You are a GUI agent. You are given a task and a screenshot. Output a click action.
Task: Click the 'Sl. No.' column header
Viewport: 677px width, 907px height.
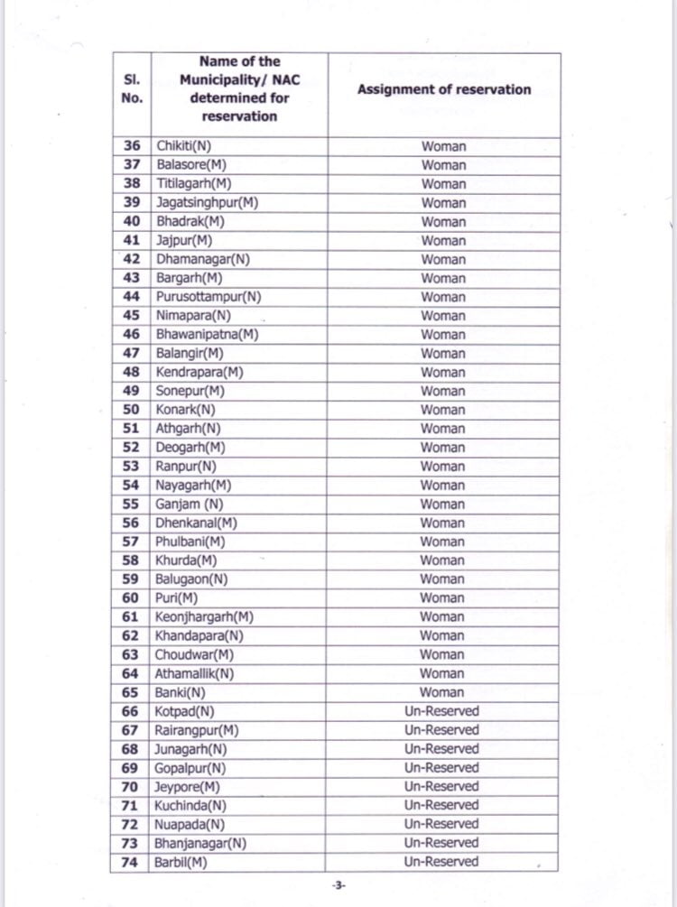point(131,89)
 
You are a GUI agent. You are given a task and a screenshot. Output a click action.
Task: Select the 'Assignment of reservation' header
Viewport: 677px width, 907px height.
point(443,89)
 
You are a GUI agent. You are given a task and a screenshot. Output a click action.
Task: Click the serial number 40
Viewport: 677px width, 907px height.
point(132,222)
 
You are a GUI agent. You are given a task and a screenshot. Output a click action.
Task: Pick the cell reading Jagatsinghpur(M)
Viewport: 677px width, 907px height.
point(207,203)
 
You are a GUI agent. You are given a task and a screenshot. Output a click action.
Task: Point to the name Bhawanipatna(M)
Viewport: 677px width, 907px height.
point(207,335)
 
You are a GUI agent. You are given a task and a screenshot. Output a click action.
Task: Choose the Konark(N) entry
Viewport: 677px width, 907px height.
point(186,410)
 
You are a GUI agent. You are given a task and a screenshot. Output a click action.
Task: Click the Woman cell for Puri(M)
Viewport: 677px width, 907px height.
point(442,598)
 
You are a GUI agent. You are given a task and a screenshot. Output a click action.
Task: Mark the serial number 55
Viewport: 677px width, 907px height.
point(132,504)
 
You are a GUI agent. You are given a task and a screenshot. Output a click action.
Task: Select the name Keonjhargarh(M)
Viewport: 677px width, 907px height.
point(204,617)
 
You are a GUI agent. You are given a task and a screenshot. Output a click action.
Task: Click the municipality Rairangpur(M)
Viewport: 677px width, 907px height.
point(197,730)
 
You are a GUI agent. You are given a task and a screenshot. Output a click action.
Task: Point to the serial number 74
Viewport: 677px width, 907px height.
point(132,863)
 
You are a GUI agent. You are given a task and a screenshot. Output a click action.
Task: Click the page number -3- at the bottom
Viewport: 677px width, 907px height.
point(338,886)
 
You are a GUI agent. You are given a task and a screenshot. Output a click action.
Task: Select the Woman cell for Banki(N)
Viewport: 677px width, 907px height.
point(442,692)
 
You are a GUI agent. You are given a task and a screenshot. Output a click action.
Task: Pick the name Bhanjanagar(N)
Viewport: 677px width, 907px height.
point(200,843)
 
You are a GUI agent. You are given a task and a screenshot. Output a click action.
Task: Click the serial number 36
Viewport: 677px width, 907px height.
point(132,146)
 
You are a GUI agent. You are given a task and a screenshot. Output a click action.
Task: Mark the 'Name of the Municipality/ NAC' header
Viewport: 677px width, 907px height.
point(239,89)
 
